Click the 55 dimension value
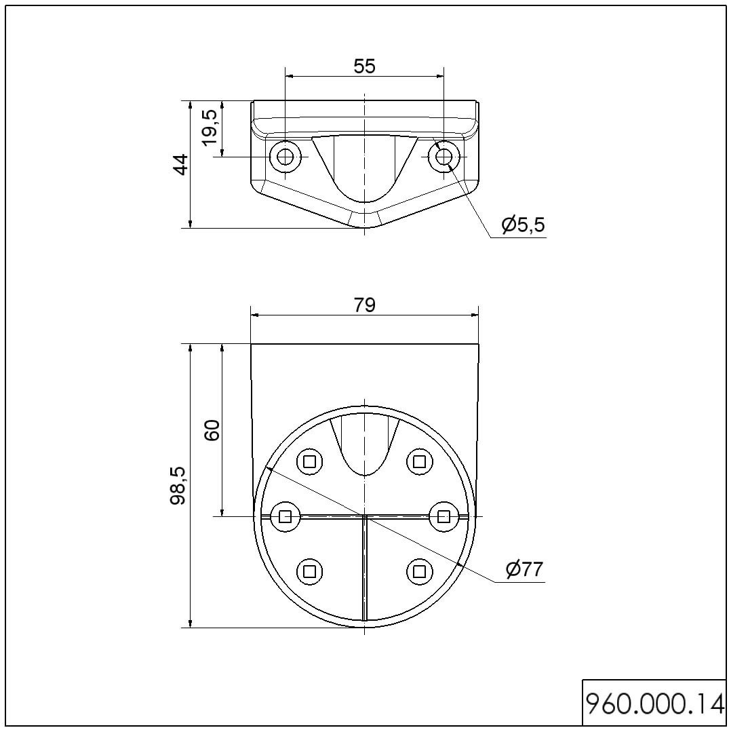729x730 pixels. click(364, 66)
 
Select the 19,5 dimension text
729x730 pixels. click(210, 127)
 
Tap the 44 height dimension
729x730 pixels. click(180, 164)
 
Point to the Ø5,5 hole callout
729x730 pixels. click(523, 225)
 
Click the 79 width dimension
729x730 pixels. click(364, 305)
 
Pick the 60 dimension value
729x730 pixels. click(212, 430)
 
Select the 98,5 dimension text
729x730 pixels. click(178, 486)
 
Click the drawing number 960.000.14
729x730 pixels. click(654, 704)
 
